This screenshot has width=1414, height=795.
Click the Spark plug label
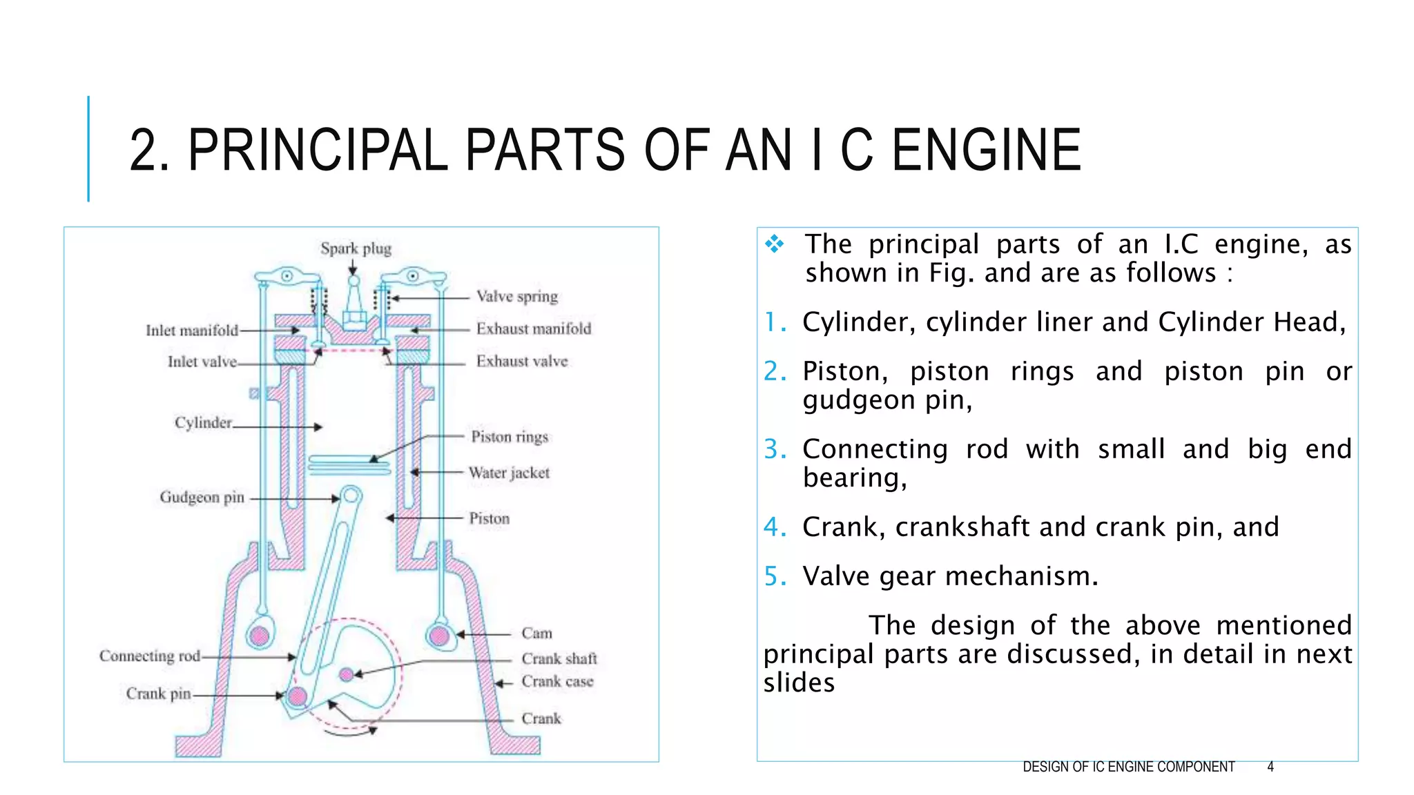pos(356,248)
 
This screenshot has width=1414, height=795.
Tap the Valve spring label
pos(516,297)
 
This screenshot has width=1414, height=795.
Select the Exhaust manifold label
pos(533,329)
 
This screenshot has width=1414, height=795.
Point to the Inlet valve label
pos(202,362)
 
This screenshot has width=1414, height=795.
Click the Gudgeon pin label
pos(202,498)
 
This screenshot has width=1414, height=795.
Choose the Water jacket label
pos(509,473)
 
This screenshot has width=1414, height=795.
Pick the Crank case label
pos(557,682)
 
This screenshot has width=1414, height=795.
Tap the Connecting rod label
pos(149,656)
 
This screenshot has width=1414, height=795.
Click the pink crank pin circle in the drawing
pos(298,696)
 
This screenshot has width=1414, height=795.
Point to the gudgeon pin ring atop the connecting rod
pos(351,495)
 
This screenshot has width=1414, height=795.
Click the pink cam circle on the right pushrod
pos(439,635)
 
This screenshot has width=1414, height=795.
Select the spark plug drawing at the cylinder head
pos(354,304)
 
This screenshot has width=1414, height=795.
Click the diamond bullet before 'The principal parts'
pos(775,244)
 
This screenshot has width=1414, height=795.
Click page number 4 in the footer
pos(1270,767)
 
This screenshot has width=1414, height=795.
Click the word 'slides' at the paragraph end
pos(799,683)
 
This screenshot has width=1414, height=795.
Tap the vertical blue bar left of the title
pos(88,148)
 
